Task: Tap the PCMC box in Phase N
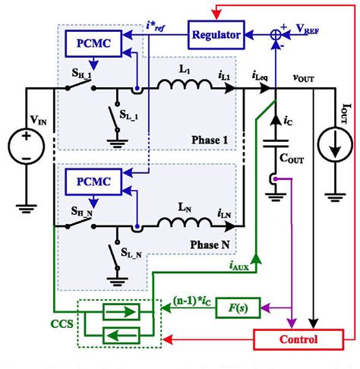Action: (90, 181)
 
